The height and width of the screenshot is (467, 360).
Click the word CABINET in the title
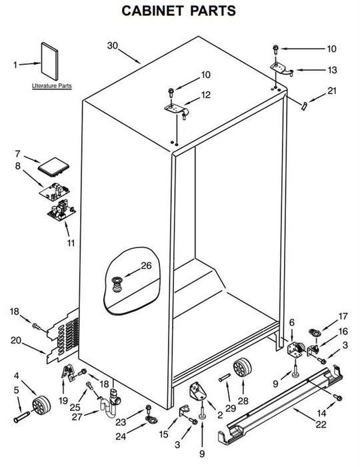(153, 11)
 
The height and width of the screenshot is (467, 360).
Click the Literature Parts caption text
(52, 86)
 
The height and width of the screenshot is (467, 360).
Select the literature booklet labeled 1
(49, 61)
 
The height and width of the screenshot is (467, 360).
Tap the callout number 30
(113, 45)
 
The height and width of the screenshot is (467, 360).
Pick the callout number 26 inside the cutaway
(146, 266)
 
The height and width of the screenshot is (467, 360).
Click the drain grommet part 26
(117, 284)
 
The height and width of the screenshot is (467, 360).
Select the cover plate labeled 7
(53, 165)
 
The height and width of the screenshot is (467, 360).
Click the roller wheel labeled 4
(41, 405)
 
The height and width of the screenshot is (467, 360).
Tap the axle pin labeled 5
(21, 416)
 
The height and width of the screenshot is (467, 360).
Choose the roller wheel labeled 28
(242, 367)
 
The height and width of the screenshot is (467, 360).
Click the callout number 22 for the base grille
(321, 424)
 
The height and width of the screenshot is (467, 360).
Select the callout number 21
(332, 91)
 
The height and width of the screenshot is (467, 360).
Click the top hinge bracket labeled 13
(282, 69)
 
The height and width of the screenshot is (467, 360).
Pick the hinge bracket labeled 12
(177, 109)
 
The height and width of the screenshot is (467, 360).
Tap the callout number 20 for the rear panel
(16, 340)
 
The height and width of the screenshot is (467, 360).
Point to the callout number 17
(343, 316)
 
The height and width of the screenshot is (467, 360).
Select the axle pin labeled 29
(225, 378)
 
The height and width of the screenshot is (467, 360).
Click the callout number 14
(321, 413)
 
